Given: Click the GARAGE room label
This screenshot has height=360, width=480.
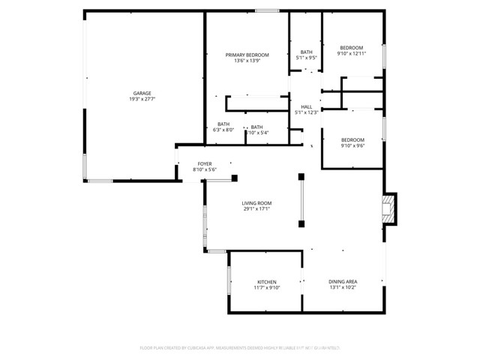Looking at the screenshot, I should tap(142, 93).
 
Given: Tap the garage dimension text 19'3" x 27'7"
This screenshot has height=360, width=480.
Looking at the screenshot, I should tap(142, 99).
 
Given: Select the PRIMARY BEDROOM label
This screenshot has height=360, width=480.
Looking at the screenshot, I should tap(247, 55).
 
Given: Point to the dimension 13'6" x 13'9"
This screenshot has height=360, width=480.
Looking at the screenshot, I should tap(247, 61).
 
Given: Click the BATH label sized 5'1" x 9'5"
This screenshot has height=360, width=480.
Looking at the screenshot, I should tap(306, 52).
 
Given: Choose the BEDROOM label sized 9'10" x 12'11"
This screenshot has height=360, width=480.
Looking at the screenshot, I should tap(351, 47).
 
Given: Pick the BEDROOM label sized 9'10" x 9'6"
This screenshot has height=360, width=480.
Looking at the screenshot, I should tap(352, 139).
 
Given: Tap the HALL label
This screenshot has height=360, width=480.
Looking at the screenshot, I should tap(306, 106).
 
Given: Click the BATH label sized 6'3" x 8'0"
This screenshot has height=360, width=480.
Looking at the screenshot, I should tap(223, 124).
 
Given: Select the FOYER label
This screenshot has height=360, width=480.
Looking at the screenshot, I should tap(205, 163).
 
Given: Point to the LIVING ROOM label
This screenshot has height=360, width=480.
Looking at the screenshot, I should tap(256, 203).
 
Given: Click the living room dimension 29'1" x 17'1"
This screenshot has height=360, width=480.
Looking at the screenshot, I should tap(256, 209).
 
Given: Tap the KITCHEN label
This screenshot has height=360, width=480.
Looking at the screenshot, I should tap(267, 281).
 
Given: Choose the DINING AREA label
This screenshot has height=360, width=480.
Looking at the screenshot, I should tap(343, 281).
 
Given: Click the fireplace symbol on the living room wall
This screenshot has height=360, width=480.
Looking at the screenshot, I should tap(387, 208).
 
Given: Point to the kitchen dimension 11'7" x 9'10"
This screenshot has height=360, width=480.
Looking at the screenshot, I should tap(267, 287).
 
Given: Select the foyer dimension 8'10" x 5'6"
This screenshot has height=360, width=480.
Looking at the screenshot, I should tap(205, 169).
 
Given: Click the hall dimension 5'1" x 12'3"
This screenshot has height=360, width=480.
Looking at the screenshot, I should tap(306, 112).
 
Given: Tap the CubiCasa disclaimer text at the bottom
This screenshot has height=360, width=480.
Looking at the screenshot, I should tap(240, 348).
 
